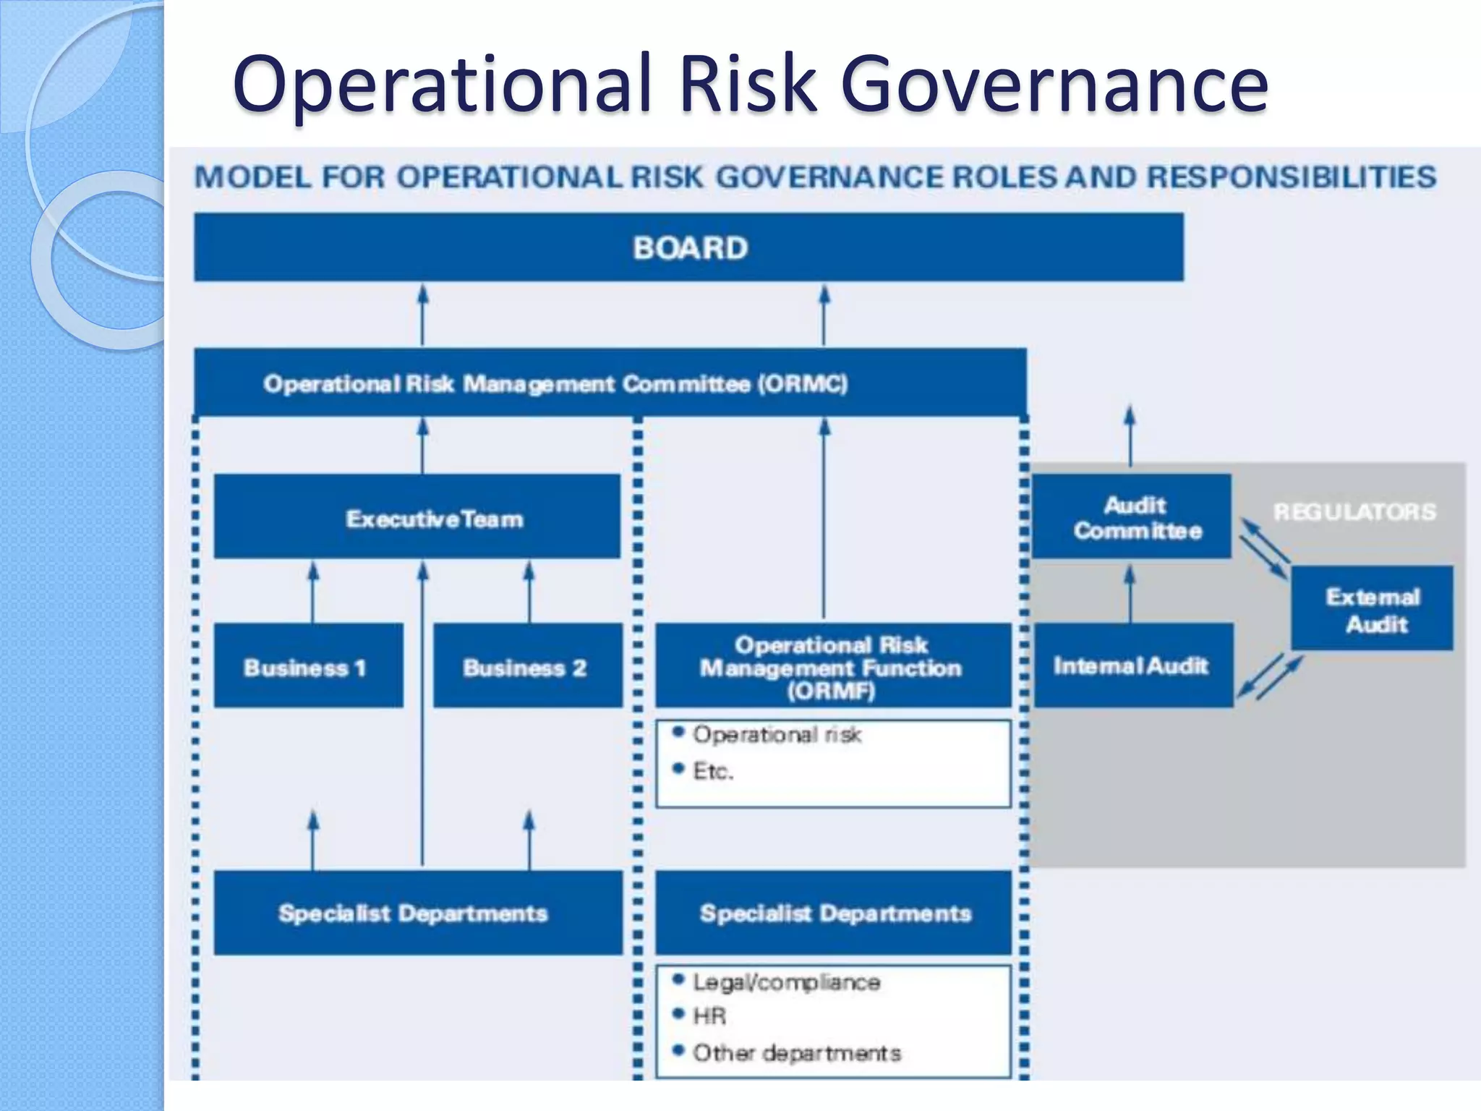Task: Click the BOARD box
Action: pyautogui.click(x=688, y=247)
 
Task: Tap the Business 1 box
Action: pyautogui.click(x=308, y=665)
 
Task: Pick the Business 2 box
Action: pyautogui.click(x=527, y=665)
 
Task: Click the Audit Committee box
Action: pyautogui.click(x=1132, y=516)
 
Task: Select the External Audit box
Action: pyautogui.click(x=1372, y=609)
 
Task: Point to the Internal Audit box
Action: pyautogui.click(x=1132, y=665)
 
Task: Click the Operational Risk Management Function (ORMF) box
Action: pyautogui.click(x=832, y=665)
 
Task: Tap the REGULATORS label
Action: pyautogui.click(x=1354, y=512)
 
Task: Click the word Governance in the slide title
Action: pyautogui.click(x=1054, y=84)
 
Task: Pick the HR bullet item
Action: pyautogui.click(x=709, y=1016)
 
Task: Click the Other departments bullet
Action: pyautogui.click(x=796, y=1052)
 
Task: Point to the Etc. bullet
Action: pyautogui.click(x=712, y=771)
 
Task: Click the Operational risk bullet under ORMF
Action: pyautogui.click(x=777, y=734)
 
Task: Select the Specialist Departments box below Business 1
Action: pyautogui.click(x=417, y=913)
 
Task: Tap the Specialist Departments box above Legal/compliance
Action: pyautogui.click(x=834, y=913)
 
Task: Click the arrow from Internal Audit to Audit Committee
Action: pyautogui.click(x=1130, y=593)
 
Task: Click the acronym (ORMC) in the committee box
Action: pyautogui.click(x=802, y=383)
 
